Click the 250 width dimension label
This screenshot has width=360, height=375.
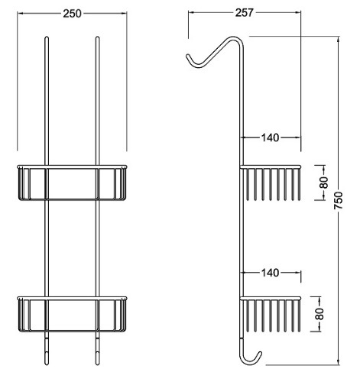[x=73, y=14]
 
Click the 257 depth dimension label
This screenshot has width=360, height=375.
[x=245, y=12]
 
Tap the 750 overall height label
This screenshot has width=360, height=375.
[x=339, y=201]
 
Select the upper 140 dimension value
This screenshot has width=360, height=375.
[x=271, y=137]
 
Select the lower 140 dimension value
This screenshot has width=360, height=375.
[x=271, y=273]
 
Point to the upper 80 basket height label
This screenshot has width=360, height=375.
[x=324, y=183]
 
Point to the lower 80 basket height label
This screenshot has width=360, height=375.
[x=319, y=314]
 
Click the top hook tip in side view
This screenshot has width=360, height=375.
[x=188, y=56]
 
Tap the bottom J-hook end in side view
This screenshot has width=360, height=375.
[x=260, y=354]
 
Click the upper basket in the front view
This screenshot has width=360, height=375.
[x=72, y=183]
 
